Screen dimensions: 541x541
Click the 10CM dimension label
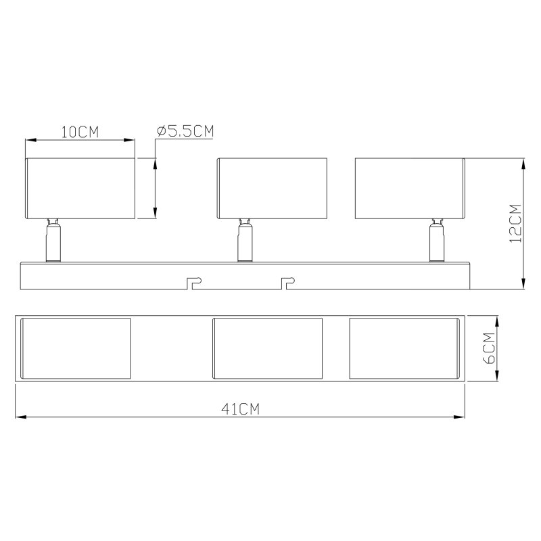[x=80, y=132]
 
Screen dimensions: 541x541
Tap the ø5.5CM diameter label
[x=185, y=131]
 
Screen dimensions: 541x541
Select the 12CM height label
[x=515, y=224]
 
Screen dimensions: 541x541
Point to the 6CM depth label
[x=489, y=348]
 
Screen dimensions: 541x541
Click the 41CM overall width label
[x=240, y=409]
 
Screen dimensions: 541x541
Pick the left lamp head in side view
[x=80, y=189]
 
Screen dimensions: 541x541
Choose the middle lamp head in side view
[x=272, y=189]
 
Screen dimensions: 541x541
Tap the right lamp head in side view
[x=410, y=189]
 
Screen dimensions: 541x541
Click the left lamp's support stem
[x=53, y=240]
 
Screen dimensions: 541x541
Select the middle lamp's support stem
[x=245, y=240]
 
